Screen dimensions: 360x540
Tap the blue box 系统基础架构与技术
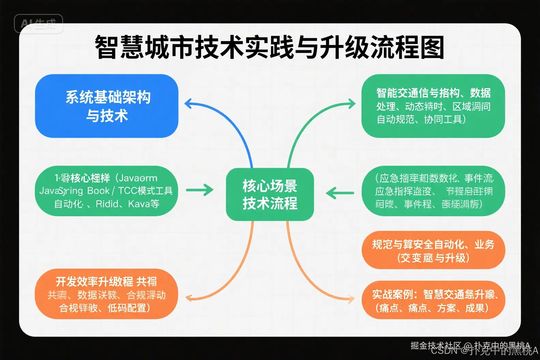click(x=107, y=106)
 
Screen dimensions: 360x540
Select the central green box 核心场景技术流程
click(x=270, y=194)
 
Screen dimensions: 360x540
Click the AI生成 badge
click(x=38, y=24)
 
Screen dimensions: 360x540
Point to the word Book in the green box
click(x=98, y=191)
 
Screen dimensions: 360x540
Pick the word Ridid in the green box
click(x=107, y=204)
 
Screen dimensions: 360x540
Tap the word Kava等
click(x=144, y=204)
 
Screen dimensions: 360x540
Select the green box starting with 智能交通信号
click(x=433, y=106)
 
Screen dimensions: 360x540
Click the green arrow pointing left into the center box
click(x=340, y=193)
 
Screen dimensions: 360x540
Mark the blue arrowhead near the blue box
click(x=189, y=103)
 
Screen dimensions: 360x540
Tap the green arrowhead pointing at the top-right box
click(x=351, y=103)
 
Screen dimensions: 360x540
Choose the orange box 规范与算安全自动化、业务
click(x=433, y=250)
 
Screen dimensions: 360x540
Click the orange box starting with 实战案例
click(x=433, y=300)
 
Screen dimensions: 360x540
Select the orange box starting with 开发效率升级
click(x=106, y=294)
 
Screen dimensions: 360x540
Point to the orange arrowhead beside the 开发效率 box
click(x=189, y=298)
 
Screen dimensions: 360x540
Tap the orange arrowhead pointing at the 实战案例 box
click(x=351, y=300)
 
